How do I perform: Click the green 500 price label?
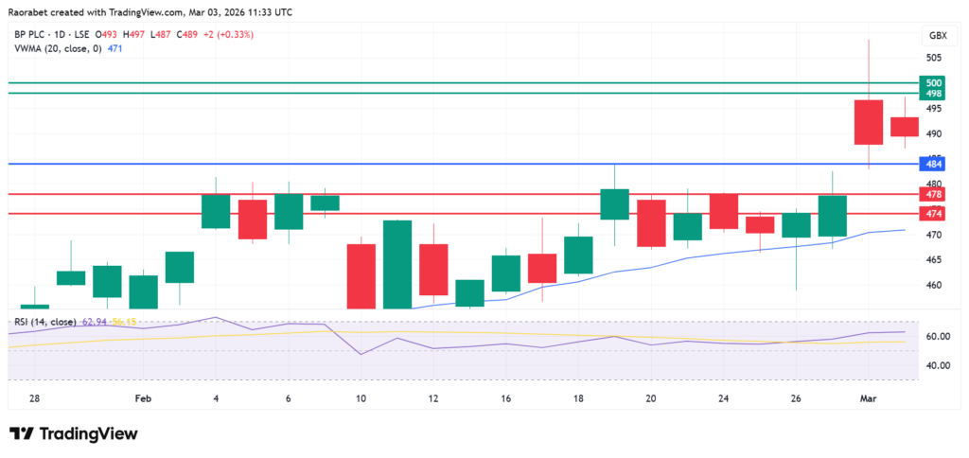933,83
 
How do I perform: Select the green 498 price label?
933,94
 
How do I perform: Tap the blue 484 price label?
933,164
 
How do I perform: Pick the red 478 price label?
933,194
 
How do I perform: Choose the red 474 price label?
933,213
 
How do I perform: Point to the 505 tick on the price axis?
933,58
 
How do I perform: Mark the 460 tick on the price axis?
933,286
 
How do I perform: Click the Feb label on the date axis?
142,399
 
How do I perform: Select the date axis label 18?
578,399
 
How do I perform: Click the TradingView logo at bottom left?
74,433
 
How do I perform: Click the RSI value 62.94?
96,323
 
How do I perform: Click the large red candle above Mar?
869,122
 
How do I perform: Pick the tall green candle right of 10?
397,264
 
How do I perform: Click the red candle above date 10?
361,275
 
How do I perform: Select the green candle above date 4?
216,211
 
